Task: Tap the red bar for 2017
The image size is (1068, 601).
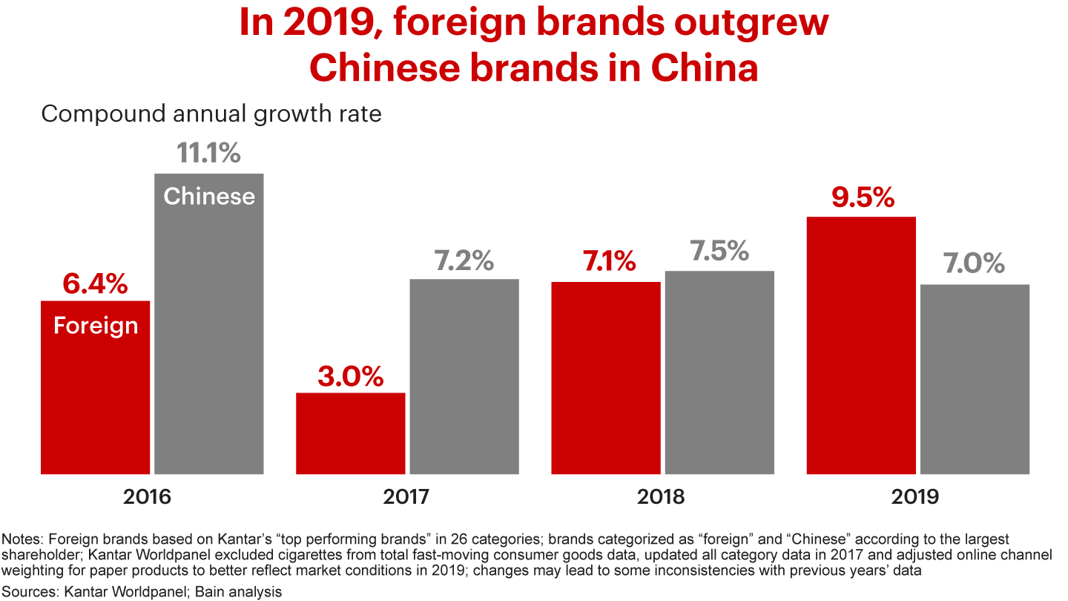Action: pyautogui.click(x=351, y=433)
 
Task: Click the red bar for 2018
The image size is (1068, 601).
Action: pyautogui.click(x=606, y=378)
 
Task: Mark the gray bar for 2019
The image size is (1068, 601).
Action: pyautogui.click(x=975, y=378)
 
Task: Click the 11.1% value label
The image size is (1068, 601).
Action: pyautogui.click(x=209, y=153)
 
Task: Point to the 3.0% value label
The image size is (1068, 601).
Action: pyautogui.click(x=351, y=376)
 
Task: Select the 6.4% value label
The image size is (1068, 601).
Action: pyautogui.click(x=96, y=283)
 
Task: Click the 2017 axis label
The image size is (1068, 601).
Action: pyautogui.click(x=406, y=496)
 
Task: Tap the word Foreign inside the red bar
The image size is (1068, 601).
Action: pyautogui.click(x=96, y=326)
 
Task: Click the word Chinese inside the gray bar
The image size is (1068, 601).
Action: pyautogui.click(x=209, y=196)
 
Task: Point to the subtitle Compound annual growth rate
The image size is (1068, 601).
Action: pyautogui.click(x=211, y=114)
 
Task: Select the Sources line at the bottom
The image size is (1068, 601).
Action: pyautogui.click(x=143, y=591)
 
